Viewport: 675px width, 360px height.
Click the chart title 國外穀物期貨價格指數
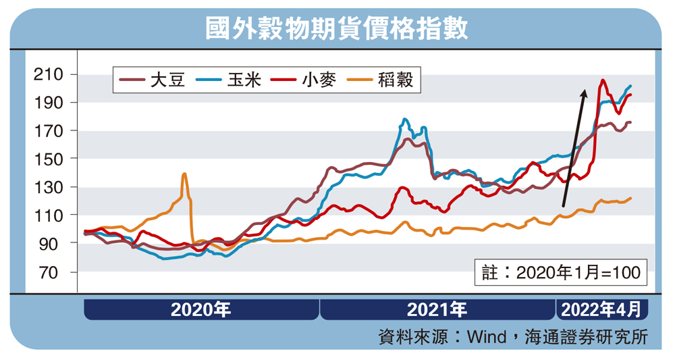pyautogui.click(x=337, y=29)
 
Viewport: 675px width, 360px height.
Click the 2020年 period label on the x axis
pyautogui.click(x=201, y=310)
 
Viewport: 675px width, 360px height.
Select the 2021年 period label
pyautogui.click(x=437, y=310)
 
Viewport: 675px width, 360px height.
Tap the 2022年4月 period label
pyautogui.click(x=601, y=310)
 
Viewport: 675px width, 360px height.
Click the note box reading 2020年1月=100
pyautogui.click(x=561, y=273)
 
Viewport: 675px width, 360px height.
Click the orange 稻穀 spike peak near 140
pyautogui.click(x=184, y=174)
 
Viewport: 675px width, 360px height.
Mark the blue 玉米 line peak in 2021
pyautogui.click(x=404, y=120)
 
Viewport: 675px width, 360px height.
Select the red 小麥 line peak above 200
pyautogui.click(x=602, y=80)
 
